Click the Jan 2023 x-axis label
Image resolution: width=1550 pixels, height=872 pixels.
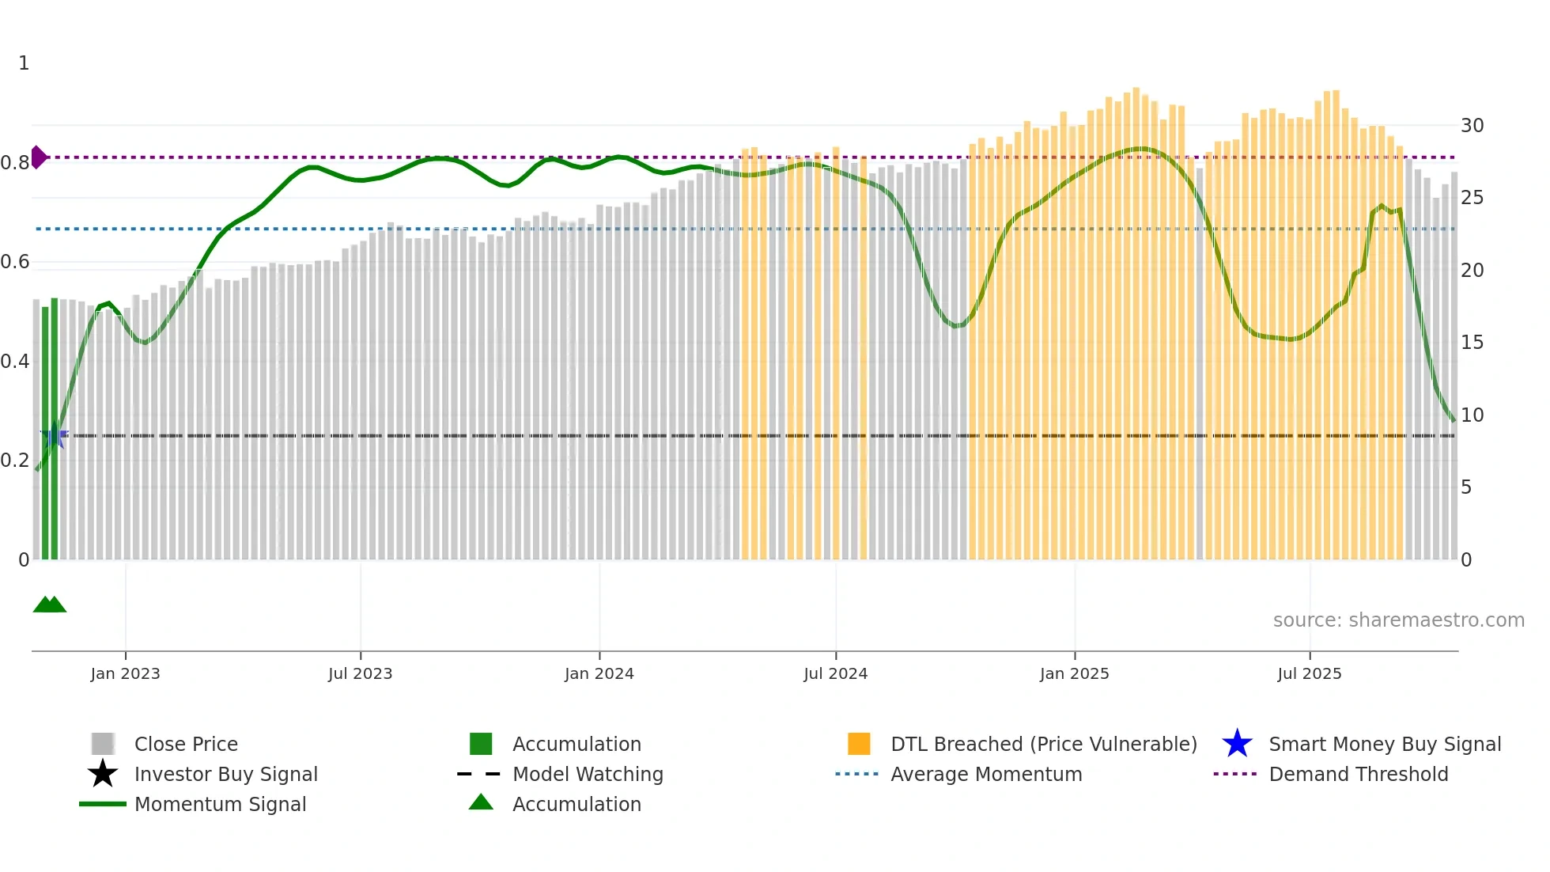[x=125, y=673]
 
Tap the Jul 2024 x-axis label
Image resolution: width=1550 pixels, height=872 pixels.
[x=835, y=673]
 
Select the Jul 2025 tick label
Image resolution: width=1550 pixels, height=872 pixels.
[x=1309, y=673]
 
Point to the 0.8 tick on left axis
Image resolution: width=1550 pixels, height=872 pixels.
[x=15, y=163]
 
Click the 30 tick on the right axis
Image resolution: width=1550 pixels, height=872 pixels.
[x=1472, y=126]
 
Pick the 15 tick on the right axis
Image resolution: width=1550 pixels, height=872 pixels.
[x=1472, y=343]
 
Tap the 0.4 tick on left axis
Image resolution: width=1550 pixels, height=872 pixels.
[x=15, y=362]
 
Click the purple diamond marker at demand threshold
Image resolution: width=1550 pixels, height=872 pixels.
[x=38, y=157]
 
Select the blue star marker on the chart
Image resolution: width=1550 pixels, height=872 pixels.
[x=54, y=435]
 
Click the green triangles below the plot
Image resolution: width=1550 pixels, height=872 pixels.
[x=50, y=605]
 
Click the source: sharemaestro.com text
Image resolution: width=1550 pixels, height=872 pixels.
[x=1398, y=620]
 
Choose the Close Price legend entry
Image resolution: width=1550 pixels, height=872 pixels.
[x=186, y=745]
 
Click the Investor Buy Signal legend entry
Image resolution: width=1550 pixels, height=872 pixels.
[x=225, y=775]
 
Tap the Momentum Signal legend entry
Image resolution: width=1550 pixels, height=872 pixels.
[x=220, y=805]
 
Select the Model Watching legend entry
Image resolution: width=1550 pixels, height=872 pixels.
[x=588, y=775]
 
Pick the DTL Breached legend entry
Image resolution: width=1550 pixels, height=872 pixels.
[x=1043, y=745]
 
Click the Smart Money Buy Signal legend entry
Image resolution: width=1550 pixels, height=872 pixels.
[x=1384, y=745]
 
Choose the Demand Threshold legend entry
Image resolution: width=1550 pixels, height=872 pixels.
[x=1358, y=775]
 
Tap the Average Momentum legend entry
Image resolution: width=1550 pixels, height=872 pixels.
[x=985, y=775]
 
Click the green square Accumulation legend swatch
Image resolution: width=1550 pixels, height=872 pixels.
[x=481, y=745]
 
